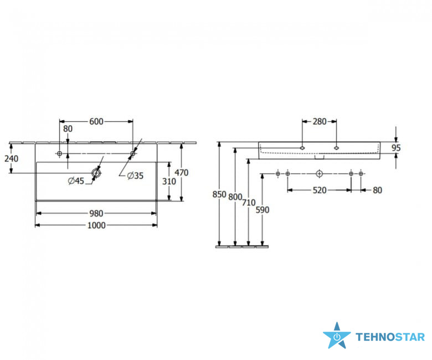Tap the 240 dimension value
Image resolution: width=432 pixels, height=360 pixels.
coord(11,158)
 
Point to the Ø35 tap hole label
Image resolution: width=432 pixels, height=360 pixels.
coord(135,176)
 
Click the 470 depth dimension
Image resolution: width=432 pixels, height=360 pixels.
coord(182,172)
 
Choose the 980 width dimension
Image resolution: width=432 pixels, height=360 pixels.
coord(96,213)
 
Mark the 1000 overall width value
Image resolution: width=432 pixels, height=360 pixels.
coord(96,225)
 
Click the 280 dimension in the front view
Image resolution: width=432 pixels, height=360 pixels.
coord(319,121)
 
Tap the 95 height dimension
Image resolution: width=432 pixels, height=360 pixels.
coord(395,148)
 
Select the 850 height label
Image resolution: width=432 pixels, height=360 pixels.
coord(219,194)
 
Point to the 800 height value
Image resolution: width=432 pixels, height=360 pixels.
coord(235,197)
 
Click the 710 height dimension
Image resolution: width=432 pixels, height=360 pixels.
coord(249,203)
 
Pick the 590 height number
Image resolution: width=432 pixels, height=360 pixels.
coord(263,209)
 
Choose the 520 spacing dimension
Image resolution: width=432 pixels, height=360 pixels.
coord(319,190)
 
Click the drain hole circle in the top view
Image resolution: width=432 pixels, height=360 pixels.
coord(96,173)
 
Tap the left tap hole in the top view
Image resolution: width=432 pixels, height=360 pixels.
coord(60,153)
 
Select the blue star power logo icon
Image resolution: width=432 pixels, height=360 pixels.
coord(337,336)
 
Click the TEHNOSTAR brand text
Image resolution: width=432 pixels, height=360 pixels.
coord(390,337)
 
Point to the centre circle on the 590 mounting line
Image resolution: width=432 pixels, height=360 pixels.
coord(319,174)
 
